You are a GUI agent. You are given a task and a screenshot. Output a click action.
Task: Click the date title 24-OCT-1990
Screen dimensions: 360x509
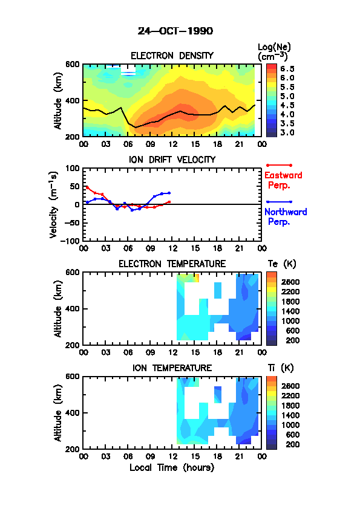pyautogui.click(x=175, y=31)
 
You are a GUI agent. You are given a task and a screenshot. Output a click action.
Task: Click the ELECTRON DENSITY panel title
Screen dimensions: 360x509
pyautogui.click(x=172, y=56)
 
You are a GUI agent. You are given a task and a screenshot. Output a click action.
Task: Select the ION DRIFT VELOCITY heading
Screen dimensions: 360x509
pyautogui.click(x=172, y=160)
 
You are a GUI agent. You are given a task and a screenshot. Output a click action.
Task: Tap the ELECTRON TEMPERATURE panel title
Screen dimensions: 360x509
pyautogui.click(x=172, y=264)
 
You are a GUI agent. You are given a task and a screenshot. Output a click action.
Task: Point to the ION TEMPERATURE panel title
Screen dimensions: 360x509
pyautogui.click(x=172, y=368)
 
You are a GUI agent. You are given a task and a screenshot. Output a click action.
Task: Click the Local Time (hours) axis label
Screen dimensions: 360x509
pyautogui.click(x=172, y=468)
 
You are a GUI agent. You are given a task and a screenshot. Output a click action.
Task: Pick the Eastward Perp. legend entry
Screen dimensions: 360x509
pyautogui.click(x=283, y=180)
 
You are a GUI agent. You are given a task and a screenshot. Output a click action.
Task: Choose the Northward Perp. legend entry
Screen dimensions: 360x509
pyautogui.click(x=286, y=216)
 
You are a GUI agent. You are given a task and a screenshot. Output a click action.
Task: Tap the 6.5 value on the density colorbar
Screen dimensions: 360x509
pyautogui.click(x=287, y=69)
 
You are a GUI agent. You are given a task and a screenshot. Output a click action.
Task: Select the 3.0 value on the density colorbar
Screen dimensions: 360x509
pyautogui.click(x=287, y=133)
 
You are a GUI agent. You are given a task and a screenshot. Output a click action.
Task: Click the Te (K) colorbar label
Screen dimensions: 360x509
pyautogui.click(x=282, y=264)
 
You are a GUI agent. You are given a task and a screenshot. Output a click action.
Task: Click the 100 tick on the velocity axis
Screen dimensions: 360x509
pyautogui.click(x=72, y=168)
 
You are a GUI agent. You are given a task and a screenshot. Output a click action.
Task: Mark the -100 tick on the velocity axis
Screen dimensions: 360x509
pyautogui.click(x=70, y=241)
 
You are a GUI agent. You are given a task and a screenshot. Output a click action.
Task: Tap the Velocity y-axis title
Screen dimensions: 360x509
pyautogui.click(x=54, y=205)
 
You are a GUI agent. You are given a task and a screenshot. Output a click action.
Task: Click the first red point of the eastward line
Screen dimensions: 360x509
pyautogui.click(x=87, y=187)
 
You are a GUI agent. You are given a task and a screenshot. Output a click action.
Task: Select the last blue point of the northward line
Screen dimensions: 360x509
pyautogui.click(x=169, y=193)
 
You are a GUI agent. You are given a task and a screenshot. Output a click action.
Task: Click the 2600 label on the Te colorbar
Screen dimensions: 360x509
pyautogui.click(x=290, y=282)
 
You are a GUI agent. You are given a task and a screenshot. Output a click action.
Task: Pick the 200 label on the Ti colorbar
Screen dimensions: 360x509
pyautogui.click(x=293, y=444)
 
